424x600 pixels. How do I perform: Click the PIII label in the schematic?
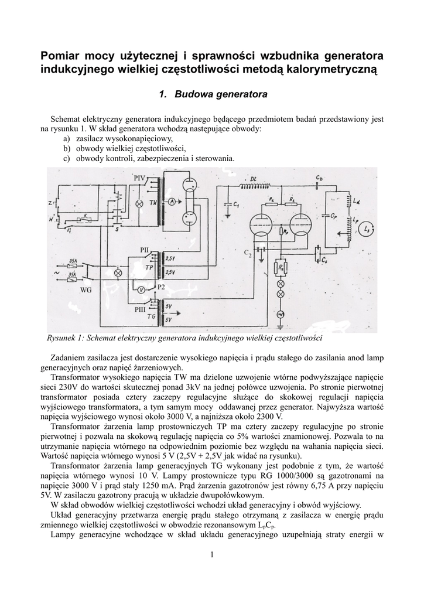point(141,309)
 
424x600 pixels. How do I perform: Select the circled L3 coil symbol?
point(367,228)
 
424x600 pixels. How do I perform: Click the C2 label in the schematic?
point(247,253)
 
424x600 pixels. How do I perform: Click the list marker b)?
point(67,149)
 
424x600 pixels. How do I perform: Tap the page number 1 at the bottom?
point(212,555)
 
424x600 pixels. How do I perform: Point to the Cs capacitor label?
point(326,258)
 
